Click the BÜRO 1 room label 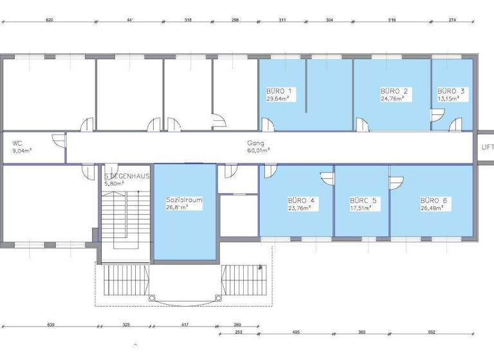click(x=279, y=91)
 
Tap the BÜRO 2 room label click(x=394, y=91)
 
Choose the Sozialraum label click(x=184, y=200)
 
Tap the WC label click(x=18, y=144)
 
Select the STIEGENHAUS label click(x=127, y=175)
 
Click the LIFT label click(x=487, y=147)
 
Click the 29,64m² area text click(x=280, y=99)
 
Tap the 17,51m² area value click(x=363, y=208)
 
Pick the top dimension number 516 click(x=392, y=20)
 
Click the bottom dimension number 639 click(x=51, y=325)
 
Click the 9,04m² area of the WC click(x=23, y=151)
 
